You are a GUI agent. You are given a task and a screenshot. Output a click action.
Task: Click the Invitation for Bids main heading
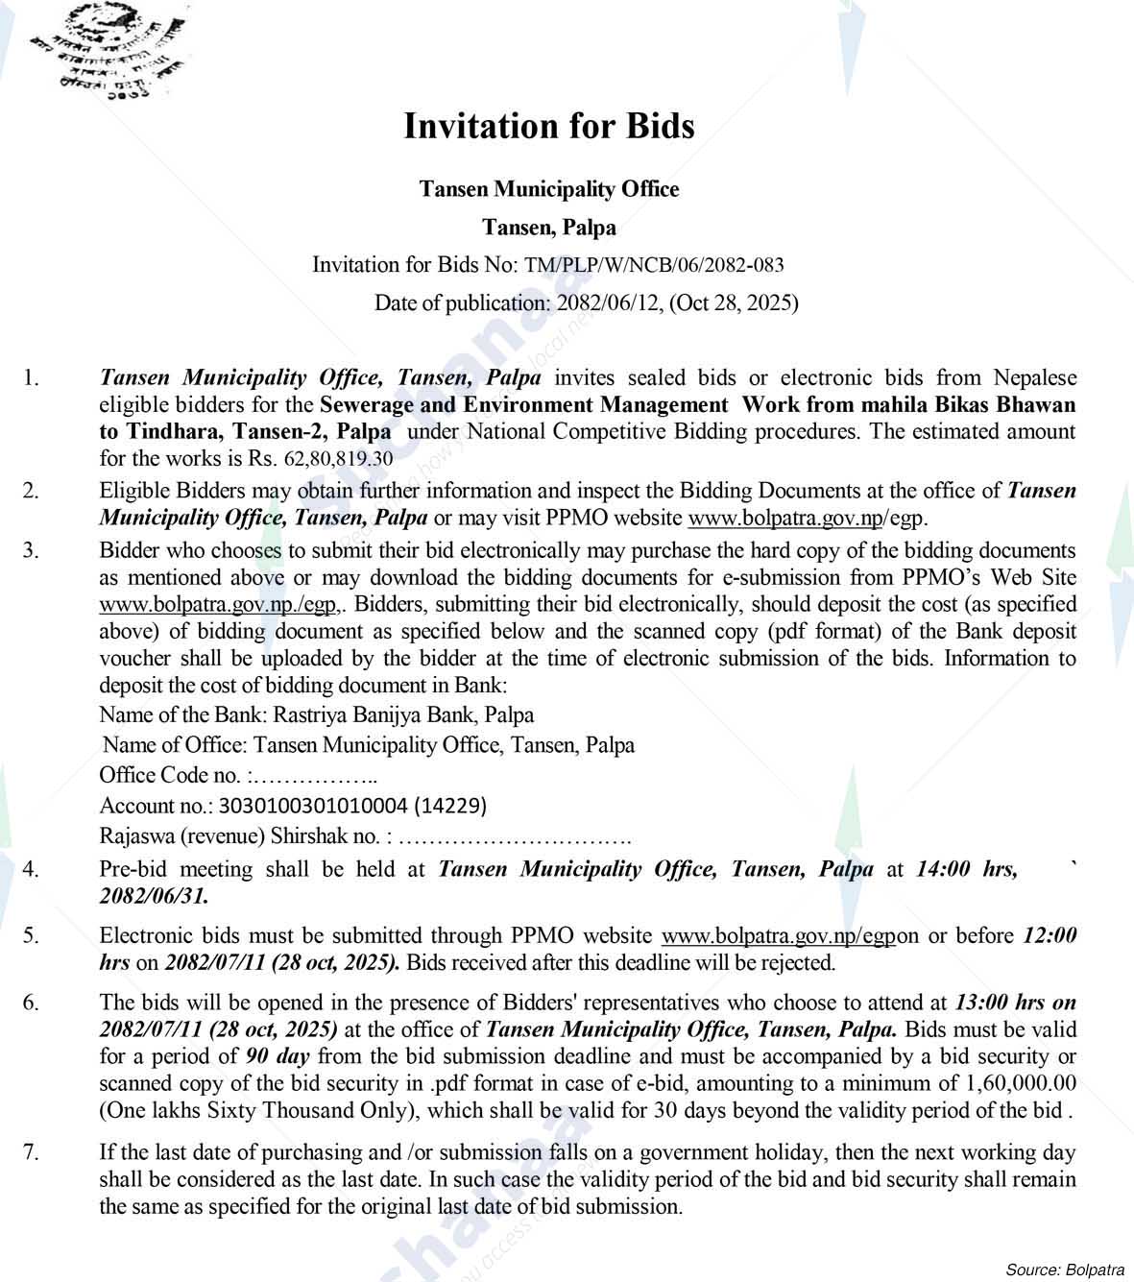coord(548,126)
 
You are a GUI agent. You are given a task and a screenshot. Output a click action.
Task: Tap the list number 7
coord(32,1152)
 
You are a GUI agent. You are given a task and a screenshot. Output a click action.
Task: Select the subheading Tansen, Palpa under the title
coord(548,228)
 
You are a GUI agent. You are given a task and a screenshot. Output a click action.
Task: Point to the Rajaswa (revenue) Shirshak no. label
coord(242,836)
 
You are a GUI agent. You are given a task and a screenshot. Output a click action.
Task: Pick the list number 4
coord(32,869)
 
